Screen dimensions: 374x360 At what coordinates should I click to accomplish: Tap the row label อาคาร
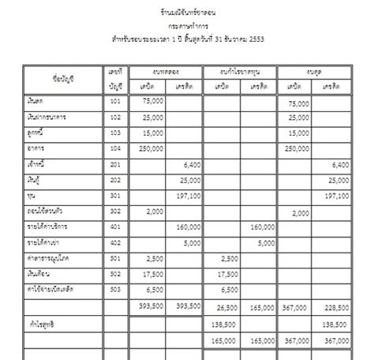tap(36, 148)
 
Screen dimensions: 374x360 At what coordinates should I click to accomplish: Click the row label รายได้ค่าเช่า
tap(45, 242)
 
